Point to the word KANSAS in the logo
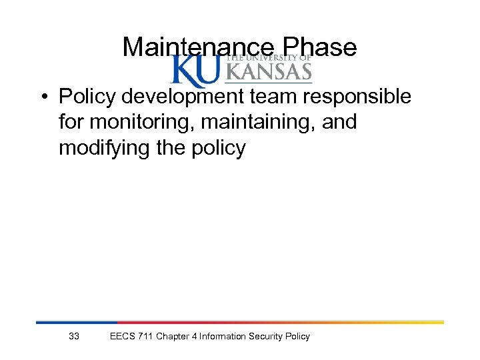(269, 71)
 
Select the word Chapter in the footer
(172, 337)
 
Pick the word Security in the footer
(266, 337)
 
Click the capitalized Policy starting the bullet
(85, 97)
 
